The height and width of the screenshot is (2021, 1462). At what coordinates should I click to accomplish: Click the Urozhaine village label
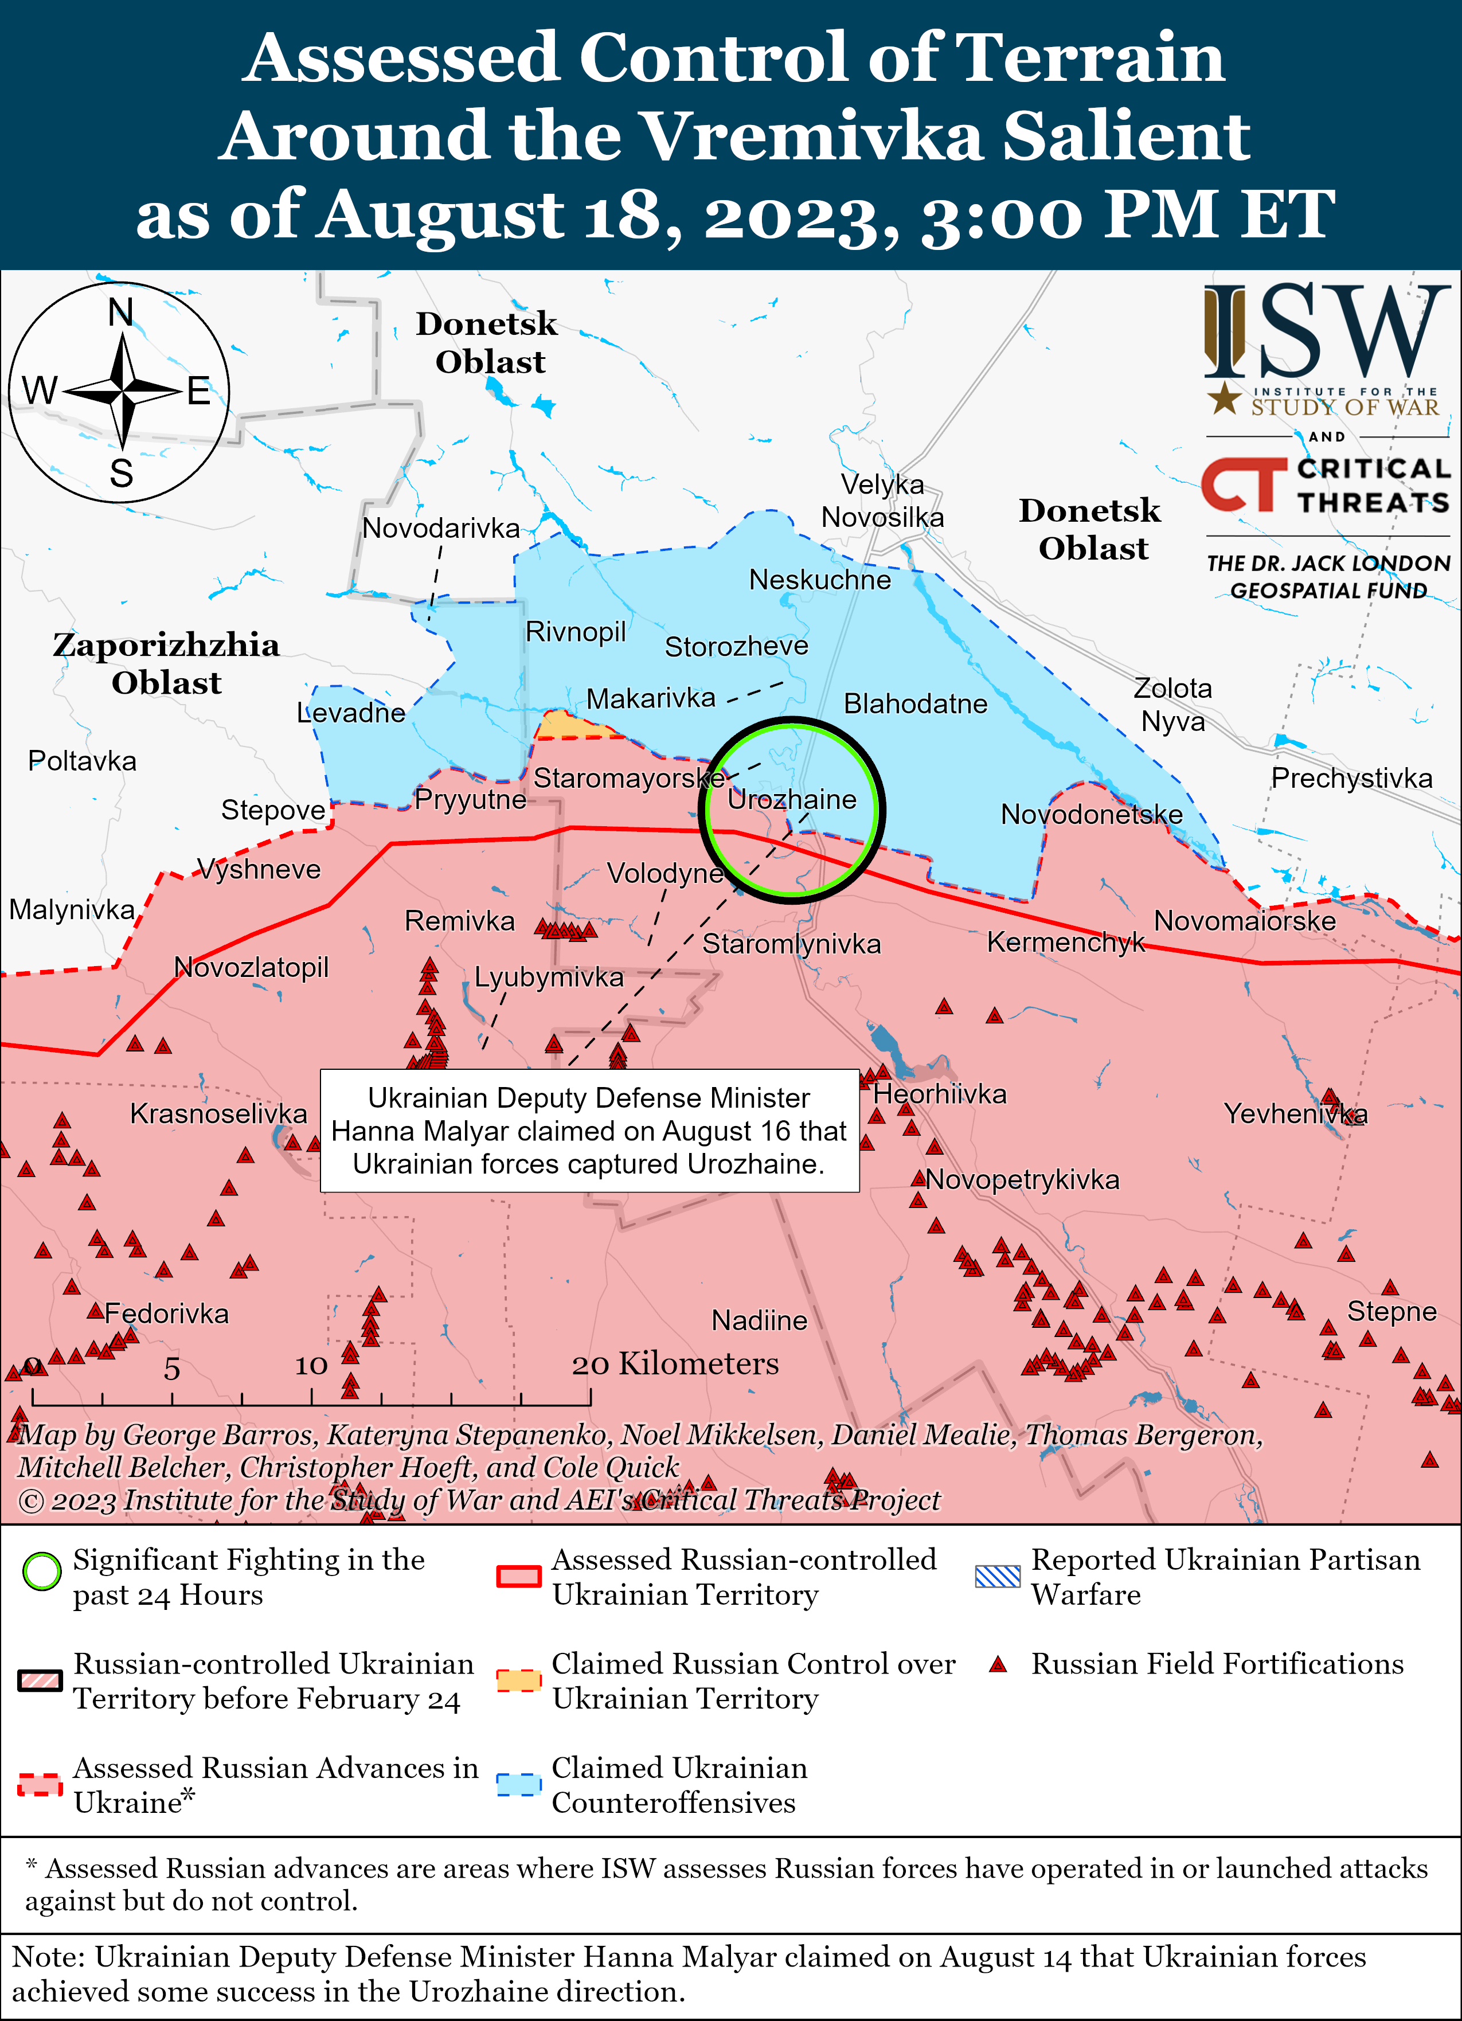[x=791, y=799]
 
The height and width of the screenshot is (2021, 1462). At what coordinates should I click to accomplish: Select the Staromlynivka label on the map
[x=791, y=944]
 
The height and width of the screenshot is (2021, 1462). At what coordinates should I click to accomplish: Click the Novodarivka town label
[x=441, y=529]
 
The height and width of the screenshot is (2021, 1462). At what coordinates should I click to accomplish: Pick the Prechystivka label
[x=1351, y=778]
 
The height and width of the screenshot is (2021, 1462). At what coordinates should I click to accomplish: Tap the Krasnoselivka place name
[x=218, y=1113]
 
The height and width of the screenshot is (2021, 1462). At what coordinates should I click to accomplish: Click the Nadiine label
[x=759, y=1320]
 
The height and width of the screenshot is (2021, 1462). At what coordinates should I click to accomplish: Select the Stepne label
[x=1391, y=1311]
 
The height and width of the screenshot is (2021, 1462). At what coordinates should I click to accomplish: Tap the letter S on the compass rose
[x=121, y=472]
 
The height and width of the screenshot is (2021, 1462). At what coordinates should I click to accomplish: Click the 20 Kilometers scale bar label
[x=675, y=1363]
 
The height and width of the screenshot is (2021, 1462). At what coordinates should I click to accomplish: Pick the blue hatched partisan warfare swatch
[x=997, y=1576]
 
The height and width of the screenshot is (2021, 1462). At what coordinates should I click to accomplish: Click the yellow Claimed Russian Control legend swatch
[x=518, y=1680]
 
